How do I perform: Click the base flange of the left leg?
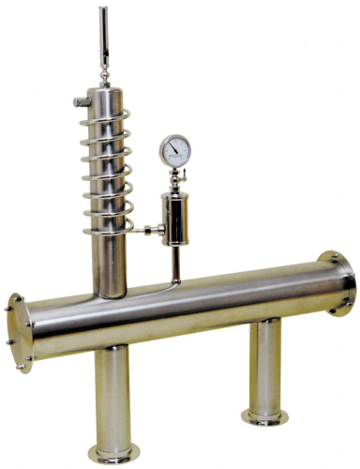point(114,453)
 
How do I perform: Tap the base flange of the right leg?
point(264,416)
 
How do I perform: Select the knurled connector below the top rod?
point(102,68)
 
